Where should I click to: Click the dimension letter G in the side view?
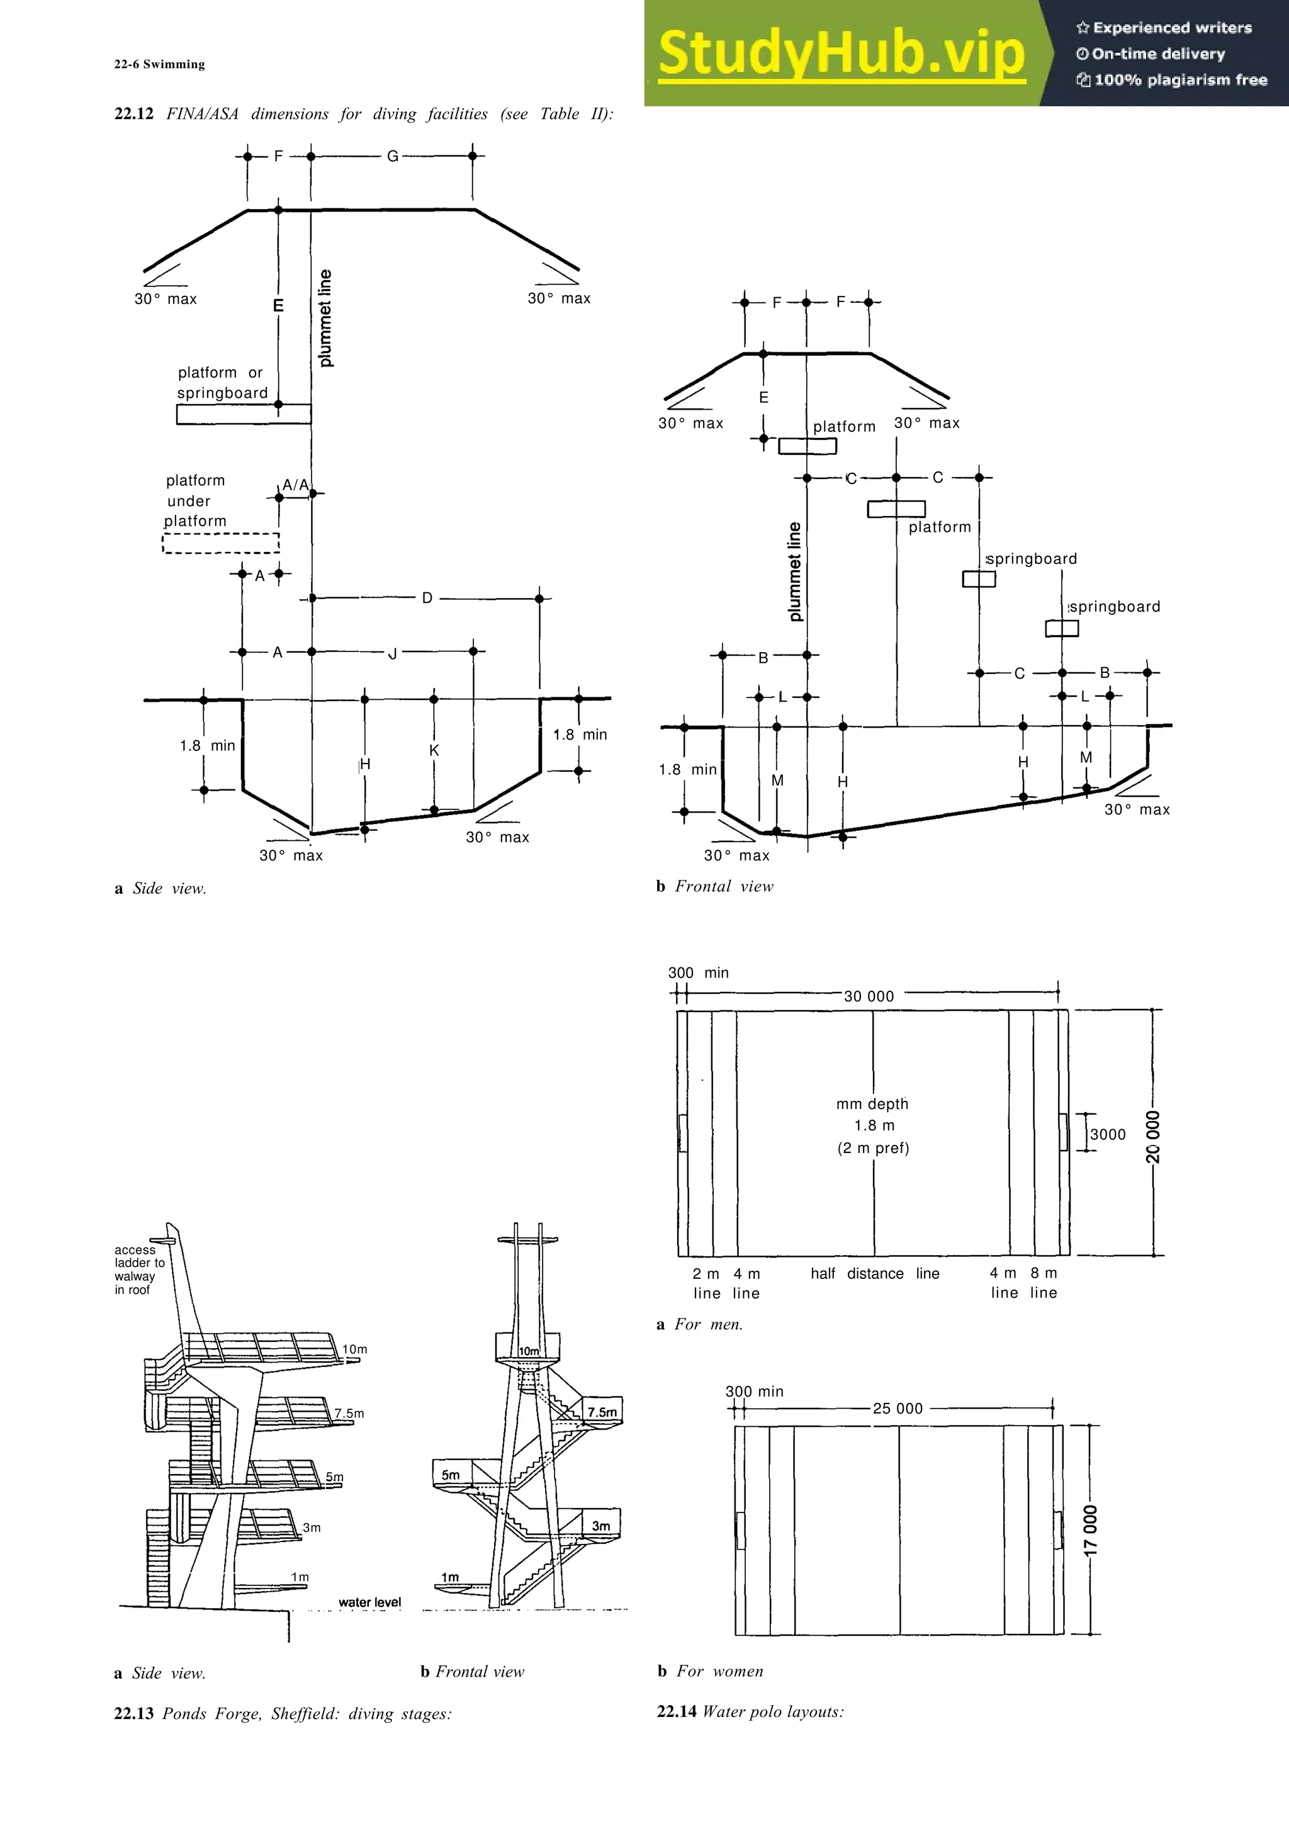tap(392, 157)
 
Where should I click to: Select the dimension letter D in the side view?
tap(427, 598)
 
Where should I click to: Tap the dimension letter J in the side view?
tap(392, 654)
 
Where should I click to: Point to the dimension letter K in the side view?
tap(434, 750)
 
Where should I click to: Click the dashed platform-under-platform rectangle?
tap(221, 543)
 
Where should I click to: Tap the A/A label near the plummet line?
tap(295, 485)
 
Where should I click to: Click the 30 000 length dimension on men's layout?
tap(869, 996)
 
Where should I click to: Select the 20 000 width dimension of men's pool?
tap(1153, 1136)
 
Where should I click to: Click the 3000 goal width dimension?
tap(1108, 1134)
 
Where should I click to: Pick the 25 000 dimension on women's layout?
tap(898, 1409)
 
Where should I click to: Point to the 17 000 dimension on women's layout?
tap(1091, 1529)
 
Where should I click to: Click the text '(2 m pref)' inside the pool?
tap(874, 1148)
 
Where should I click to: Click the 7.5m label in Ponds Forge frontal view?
tap(602, 1412)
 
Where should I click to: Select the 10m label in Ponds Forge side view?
tap(355, 1349)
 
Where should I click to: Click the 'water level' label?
tap(369, 1602)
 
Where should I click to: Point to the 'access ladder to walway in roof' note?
tap(139, 1269)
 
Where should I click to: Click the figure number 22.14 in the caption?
tap(676, 1711)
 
